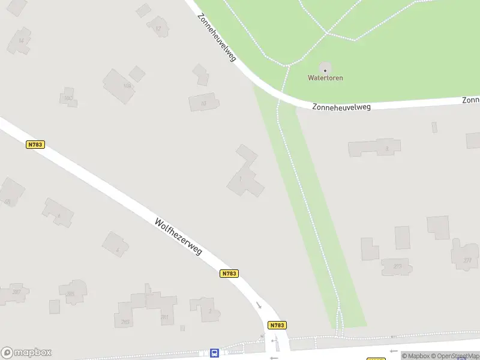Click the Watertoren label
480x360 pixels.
325,78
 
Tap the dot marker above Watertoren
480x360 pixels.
325,70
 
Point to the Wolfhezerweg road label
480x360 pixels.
178,236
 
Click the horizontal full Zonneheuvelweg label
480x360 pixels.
341,107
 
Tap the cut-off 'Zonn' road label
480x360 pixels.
471,100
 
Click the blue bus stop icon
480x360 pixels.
214,353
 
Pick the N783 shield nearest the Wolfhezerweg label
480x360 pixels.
229,274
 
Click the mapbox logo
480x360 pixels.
26,352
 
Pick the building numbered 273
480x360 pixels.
397,266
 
